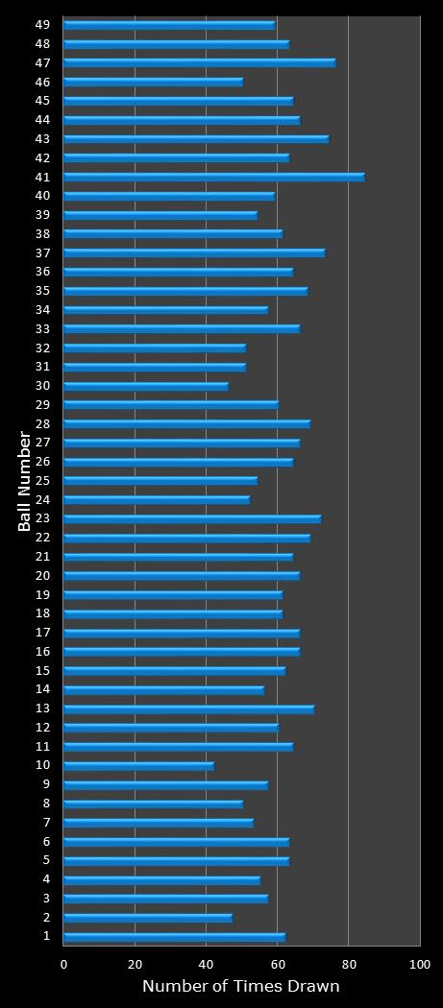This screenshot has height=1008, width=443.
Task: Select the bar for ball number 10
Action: (138, 765)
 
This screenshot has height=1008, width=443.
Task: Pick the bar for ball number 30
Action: (145, 386)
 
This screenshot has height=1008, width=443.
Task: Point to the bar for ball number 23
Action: (192, 518)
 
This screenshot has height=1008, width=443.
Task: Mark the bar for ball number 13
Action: (188, 708)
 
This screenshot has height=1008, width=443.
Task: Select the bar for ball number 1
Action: (174, 936)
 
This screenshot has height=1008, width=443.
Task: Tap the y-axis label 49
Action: (42, 24)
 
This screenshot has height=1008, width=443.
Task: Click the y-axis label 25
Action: (42, 480)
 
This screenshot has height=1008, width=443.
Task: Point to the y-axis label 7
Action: (46, 823)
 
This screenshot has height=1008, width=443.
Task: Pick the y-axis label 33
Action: (42, 328)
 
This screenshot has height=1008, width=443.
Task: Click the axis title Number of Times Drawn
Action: (241, 987)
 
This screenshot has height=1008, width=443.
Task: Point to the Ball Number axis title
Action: (25, 481)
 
